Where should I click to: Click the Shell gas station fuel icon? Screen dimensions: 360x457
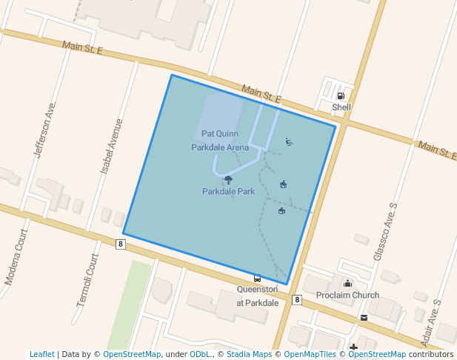[x=341, y=96]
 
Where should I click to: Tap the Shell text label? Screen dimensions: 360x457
[x=341, y=107]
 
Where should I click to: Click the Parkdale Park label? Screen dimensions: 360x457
[x=228, y=191]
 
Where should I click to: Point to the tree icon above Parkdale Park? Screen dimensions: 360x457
[x=228, y=179]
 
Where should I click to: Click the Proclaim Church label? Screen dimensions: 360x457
[x=347, y=296]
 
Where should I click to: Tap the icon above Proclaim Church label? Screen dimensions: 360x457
[x=347, y=283]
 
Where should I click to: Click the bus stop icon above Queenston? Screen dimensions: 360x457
[x=257, y=279]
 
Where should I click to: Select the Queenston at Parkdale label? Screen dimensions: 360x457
[x=257, y=296]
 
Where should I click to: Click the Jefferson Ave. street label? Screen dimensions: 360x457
[x=44, y=129]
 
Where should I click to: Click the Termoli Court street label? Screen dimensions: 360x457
[x=87, y=281]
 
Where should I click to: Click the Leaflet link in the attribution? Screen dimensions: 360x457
[x=41, y=355]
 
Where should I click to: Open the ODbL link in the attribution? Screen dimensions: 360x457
[x=201, y=355]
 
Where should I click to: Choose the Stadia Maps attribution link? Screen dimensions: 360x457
[x=248, y=355]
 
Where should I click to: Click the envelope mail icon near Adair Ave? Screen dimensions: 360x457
[x=364, y=317]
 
